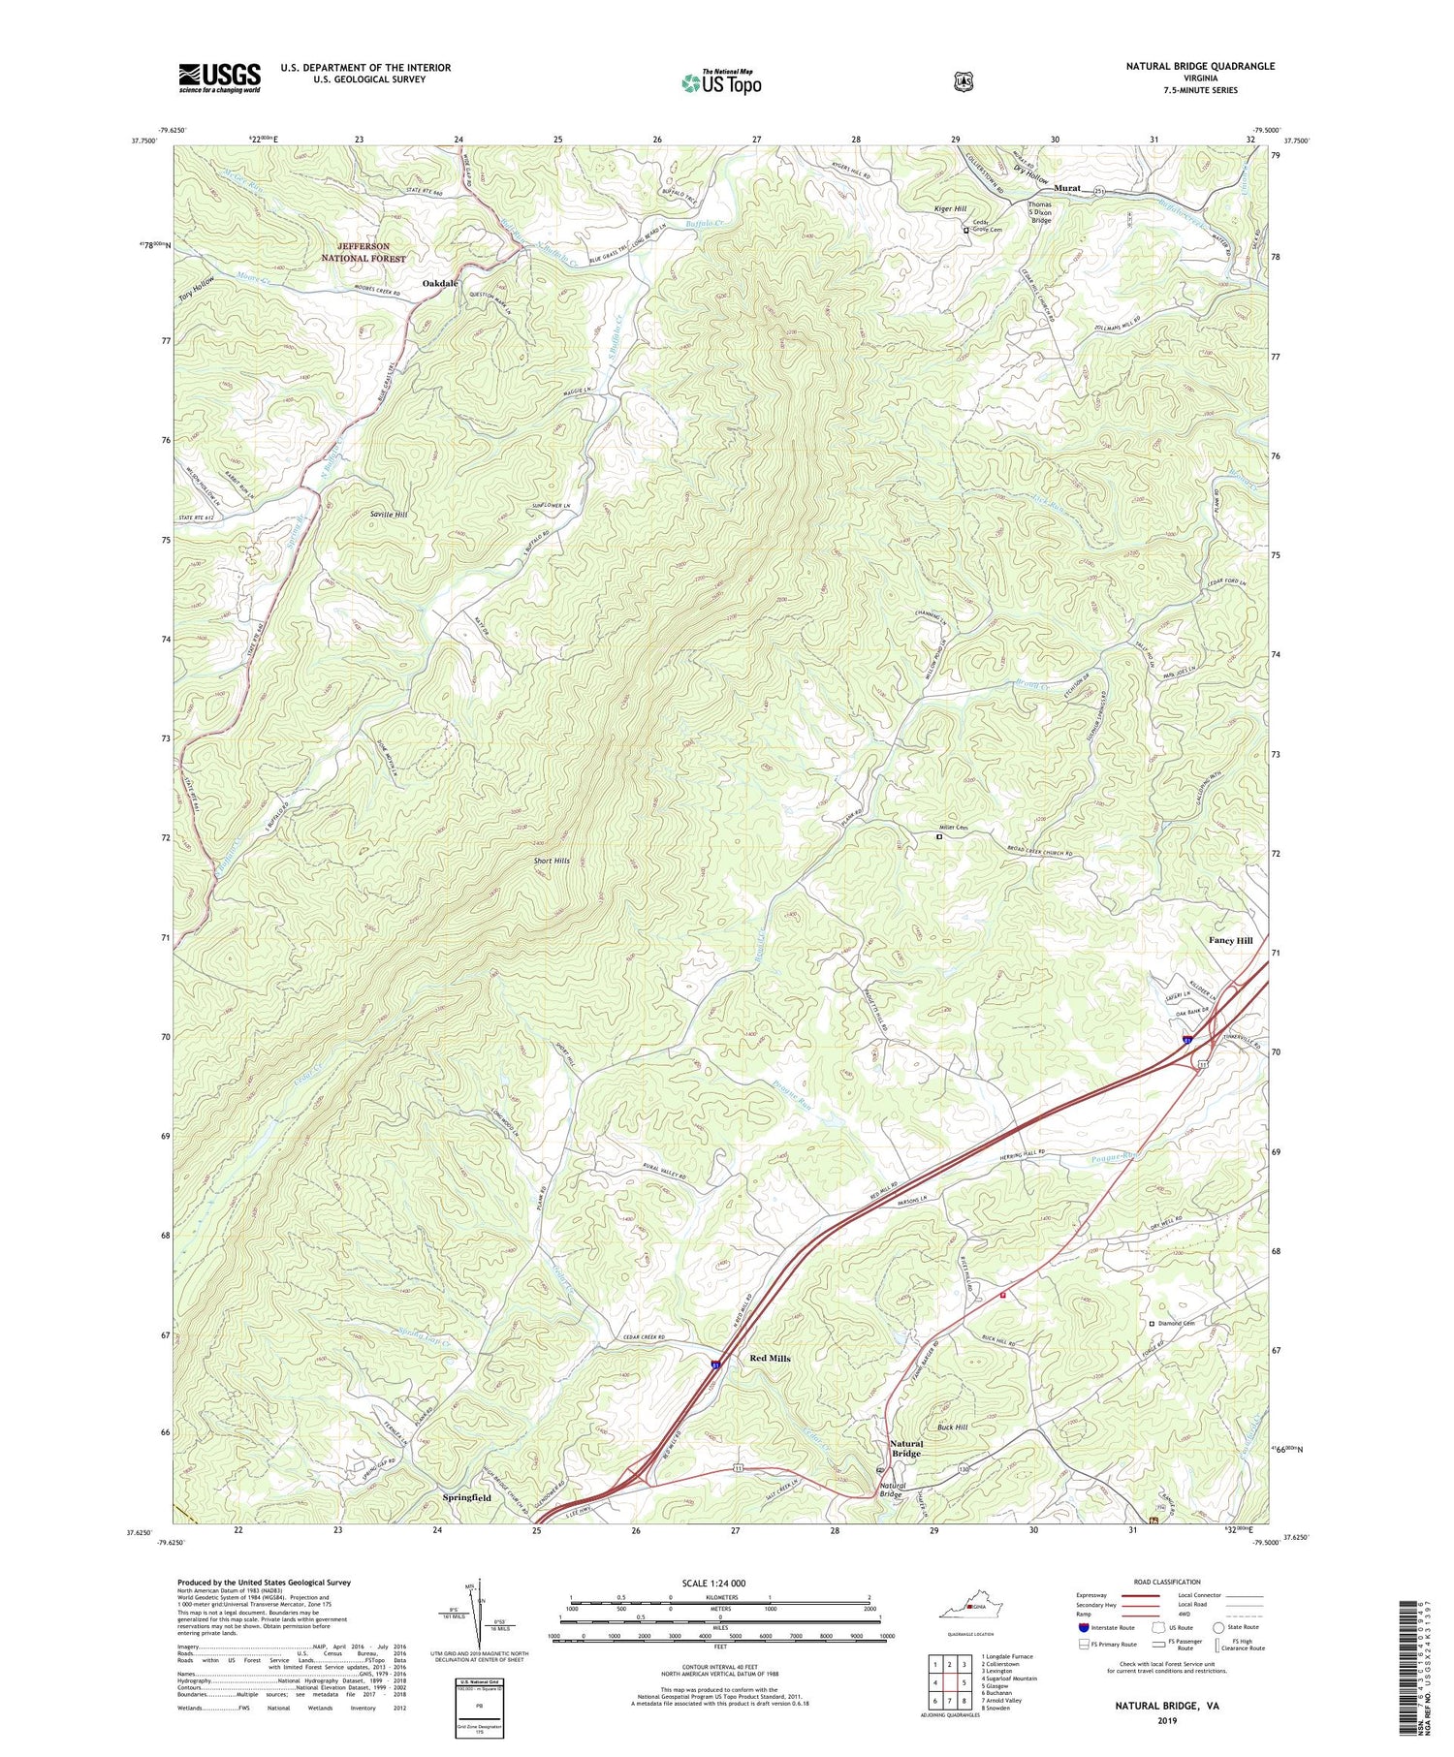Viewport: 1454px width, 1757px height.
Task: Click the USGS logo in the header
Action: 219,77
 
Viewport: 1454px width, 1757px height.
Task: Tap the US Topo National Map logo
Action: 721,81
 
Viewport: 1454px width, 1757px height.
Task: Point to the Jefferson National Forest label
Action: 363,253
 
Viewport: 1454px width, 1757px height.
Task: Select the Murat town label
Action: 1066,188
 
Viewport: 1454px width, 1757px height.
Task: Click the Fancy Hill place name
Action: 1230,941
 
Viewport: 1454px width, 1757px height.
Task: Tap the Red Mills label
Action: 770,1359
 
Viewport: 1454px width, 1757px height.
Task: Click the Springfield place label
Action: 466,1497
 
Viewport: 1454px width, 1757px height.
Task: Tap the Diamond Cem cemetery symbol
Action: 1152,1324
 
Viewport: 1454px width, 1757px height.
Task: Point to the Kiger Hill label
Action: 951,208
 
